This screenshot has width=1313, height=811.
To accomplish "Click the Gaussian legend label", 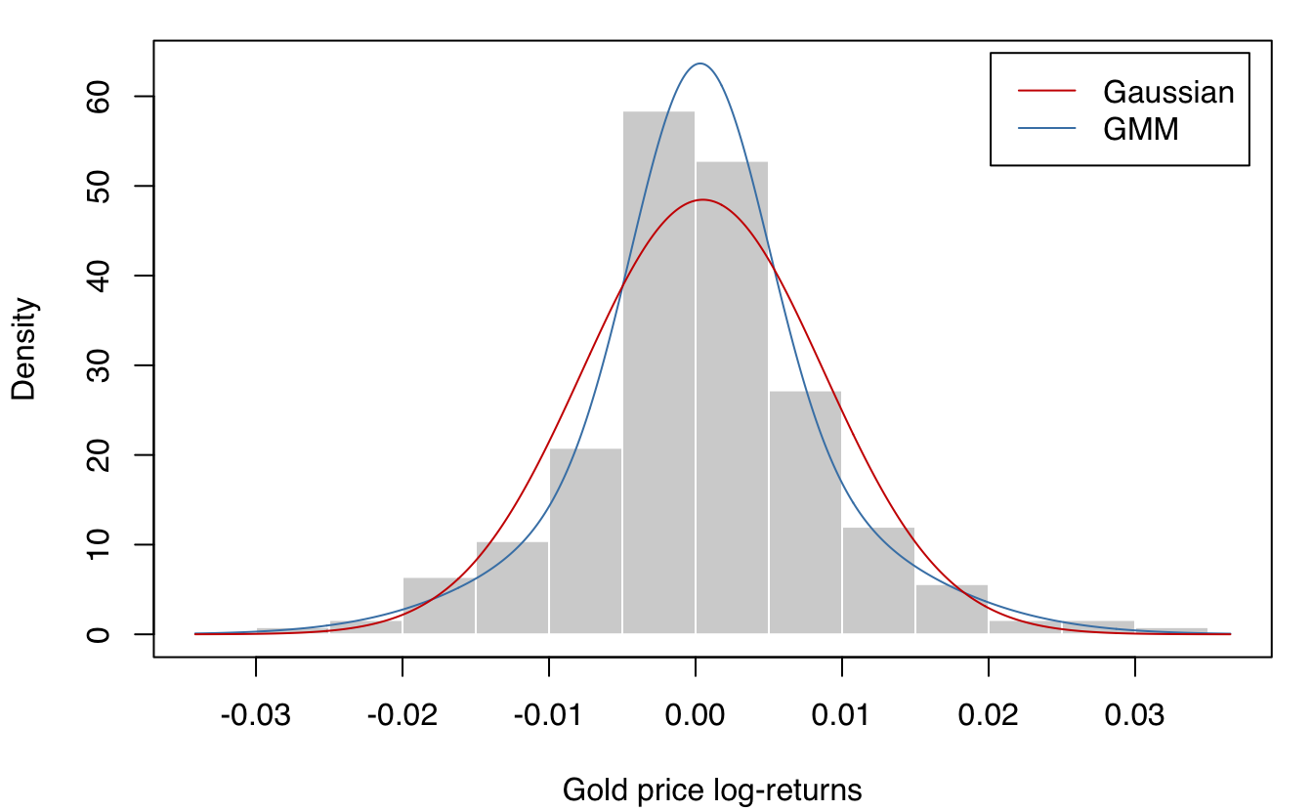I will point(1168,93).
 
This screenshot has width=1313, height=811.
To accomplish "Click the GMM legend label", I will point(1141,129).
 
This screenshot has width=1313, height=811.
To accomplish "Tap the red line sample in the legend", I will point(1046,92).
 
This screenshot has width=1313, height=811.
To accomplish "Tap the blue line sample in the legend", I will point(1046,129).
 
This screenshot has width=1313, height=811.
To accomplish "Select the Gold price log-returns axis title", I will point(712,790).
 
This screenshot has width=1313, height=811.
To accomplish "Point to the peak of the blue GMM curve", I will point(700,64).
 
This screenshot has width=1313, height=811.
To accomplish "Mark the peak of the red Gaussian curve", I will point(702,200).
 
